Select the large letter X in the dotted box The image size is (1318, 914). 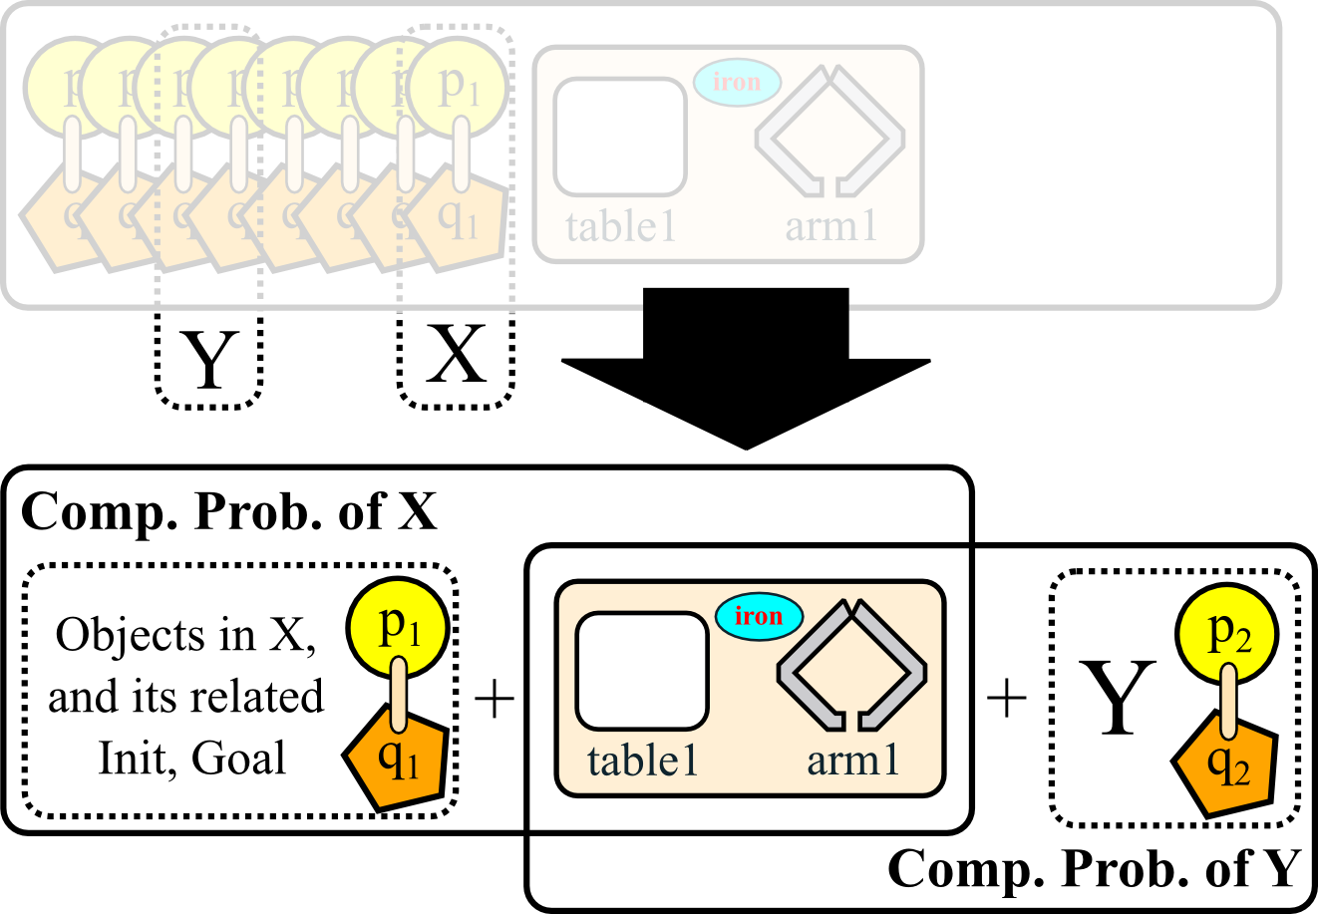(x=457, y=355)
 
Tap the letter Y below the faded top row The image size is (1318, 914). (x=209, y=360)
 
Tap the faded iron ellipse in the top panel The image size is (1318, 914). (x=737, y=83)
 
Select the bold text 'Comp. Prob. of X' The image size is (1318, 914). (x=229, y=512)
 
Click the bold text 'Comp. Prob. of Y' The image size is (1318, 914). (x=1094, y=869)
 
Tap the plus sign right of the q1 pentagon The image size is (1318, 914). (x=494, y=699)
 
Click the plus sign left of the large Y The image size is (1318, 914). (x=1006, y=698)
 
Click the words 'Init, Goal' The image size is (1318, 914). (x=191, y=759)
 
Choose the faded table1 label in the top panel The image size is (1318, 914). (x=620, y=227)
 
